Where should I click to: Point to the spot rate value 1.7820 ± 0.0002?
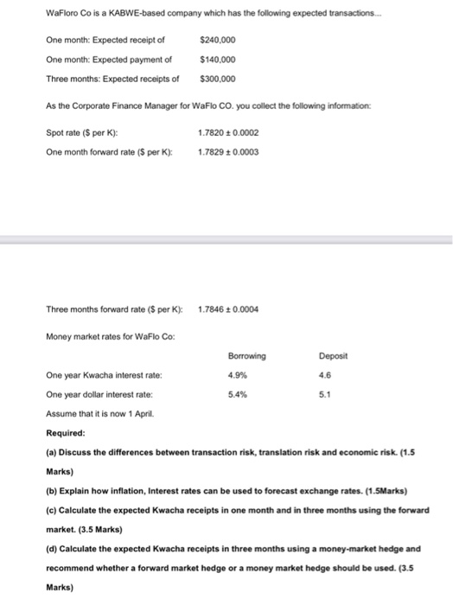click(228, 134)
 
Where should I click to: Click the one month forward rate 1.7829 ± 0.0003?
click(228, 152)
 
